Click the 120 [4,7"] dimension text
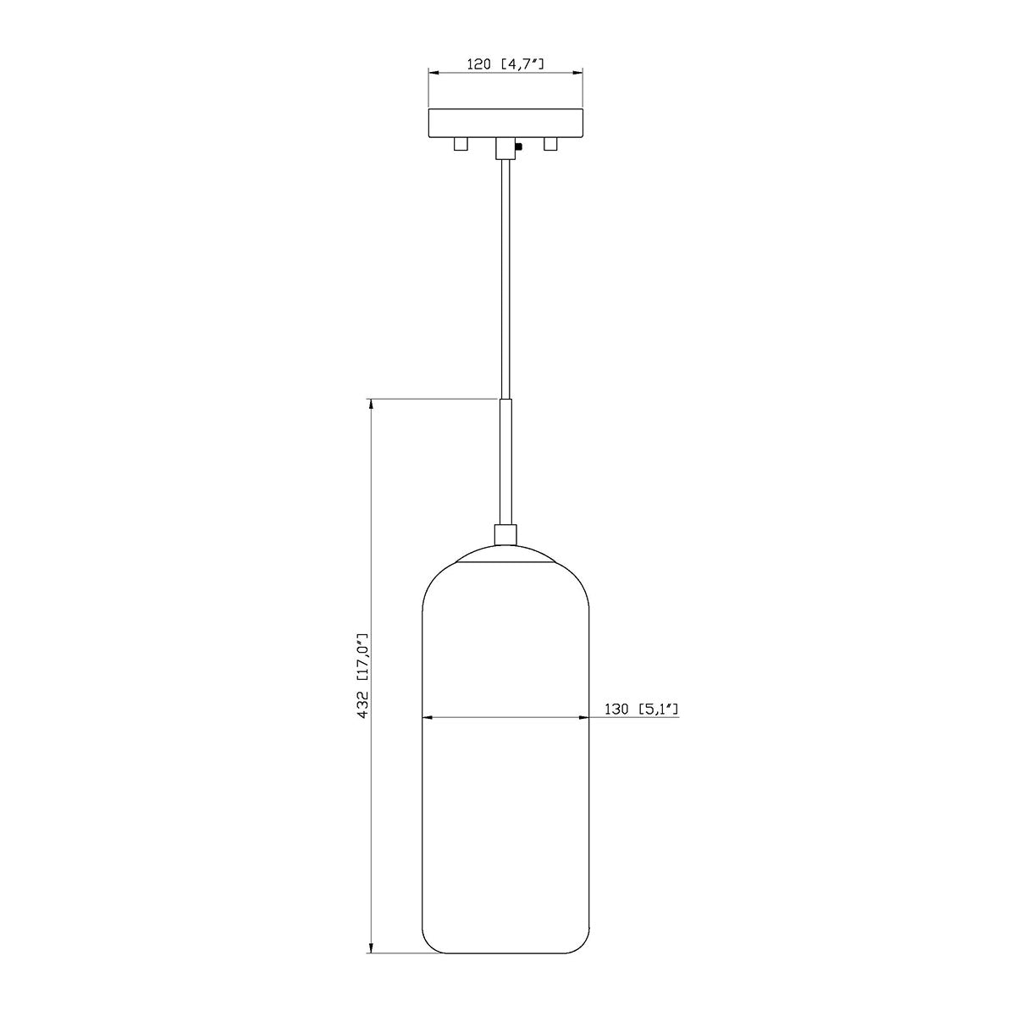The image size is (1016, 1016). coord(505,64)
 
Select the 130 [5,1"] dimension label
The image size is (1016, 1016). coord(641,710)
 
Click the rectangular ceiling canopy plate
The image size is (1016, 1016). coord(505,124)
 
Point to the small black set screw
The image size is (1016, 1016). coord(519,146)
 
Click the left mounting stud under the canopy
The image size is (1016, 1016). coord(461,145)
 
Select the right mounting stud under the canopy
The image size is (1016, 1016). coord(550,145)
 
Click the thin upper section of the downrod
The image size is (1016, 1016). coord(505,279)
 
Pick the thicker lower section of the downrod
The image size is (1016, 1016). coord(505,461)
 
